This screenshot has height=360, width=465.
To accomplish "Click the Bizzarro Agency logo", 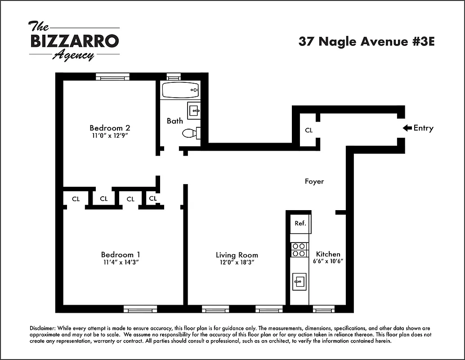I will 74,41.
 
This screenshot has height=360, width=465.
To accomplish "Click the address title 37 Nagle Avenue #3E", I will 367,41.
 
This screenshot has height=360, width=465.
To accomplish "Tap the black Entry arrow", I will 407,128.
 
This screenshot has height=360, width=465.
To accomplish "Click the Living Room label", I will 237,255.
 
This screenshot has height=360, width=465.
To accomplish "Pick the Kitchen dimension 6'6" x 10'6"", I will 328,261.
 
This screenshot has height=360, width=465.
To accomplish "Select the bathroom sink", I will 194,110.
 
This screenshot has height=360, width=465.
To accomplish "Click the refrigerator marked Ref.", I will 300,223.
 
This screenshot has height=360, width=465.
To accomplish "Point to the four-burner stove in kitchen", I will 299,250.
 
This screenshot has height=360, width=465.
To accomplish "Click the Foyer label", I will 314,181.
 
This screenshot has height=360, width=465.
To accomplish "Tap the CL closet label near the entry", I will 309,130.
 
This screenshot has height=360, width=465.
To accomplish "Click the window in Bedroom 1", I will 140,309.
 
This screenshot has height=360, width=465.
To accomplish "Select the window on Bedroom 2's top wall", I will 112,76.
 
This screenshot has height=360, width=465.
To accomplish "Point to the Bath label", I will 174,121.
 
